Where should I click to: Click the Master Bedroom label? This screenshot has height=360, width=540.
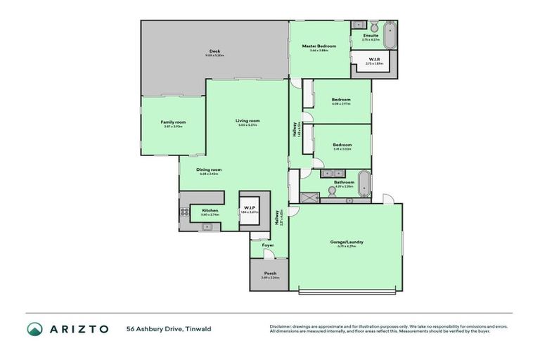319,46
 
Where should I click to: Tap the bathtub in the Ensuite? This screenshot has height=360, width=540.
390,35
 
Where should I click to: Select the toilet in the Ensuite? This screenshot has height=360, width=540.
373,26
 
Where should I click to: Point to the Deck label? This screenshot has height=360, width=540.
214,51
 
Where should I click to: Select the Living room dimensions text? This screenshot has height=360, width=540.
247,125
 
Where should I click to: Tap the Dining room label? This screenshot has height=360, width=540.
209,169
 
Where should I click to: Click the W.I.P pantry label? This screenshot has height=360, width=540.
250,207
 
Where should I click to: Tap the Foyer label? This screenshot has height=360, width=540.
269,245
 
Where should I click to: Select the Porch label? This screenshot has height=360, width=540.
270,273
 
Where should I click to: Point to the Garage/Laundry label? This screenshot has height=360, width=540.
347,242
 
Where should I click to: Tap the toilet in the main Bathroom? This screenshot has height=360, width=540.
349,200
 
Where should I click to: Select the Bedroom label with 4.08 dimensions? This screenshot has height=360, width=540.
342,99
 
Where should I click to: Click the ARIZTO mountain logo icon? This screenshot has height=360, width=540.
34,329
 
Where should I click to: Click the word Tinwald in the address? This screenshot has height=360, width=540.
198,328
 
